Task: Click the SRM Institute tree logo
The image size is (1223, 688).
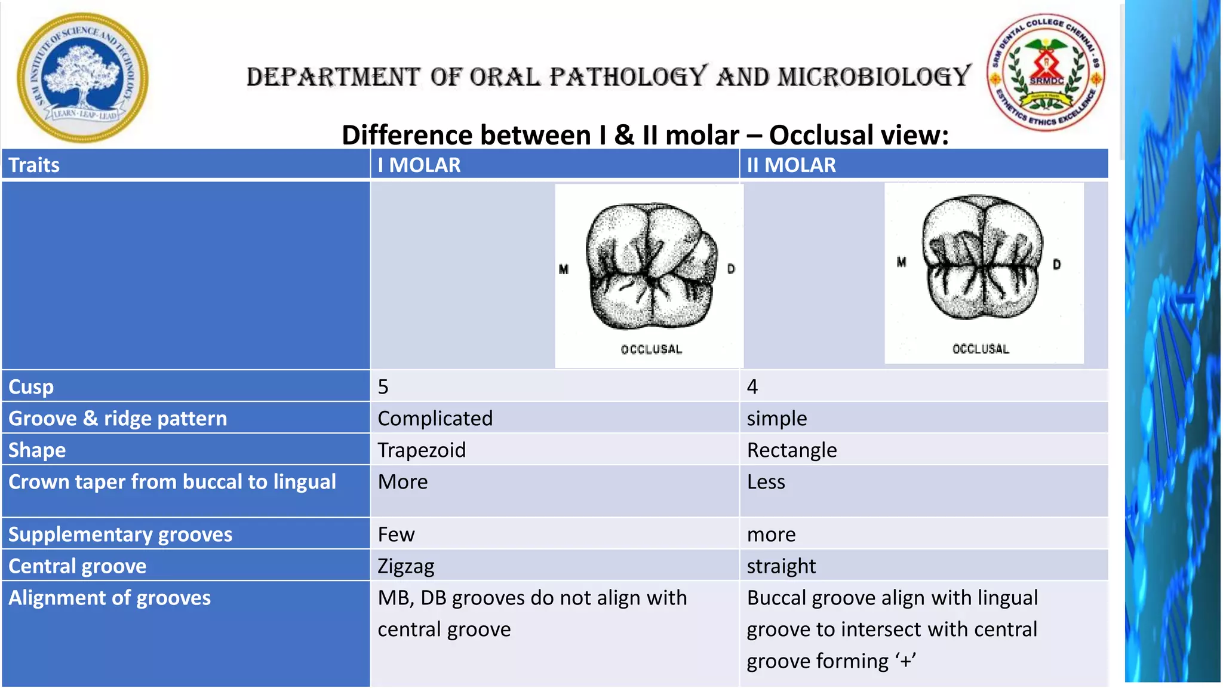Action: point(82,78)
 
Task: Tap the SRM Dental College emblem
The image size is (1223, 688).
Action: point(1046,72)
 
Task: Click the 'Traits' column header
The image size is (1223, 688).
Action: point(34,165)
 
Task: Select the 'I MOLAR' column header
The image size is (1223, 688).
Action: point(419,165)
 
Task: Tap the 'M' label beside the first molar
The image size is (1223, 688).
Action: point(563,269)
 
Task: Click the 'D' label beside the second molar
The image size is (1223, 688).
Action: point(1056,264)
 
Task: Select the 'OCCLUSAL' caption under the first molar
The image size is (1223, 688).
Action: point(651,349)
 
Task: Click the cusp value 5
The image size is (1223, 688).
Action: point(383,387)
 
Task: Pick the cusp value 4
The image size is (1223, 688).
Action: point(752,387)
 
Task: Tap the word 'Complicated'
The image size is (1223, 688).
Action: point(435,419)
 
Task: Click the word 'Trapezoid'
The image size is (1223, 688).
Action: point(421,450)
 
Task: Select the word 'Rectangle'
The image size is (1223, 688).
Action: point(791,450)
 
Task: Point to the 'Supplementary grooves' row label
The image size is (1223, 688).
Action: point(120,535)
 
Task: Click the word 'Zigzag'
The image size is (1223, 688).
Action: point(405,566)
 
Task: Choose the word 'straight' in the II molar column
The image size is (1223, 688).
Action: point(780,566)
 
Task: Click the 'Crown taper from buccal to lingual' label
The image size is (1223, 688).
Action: point(172,482)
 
